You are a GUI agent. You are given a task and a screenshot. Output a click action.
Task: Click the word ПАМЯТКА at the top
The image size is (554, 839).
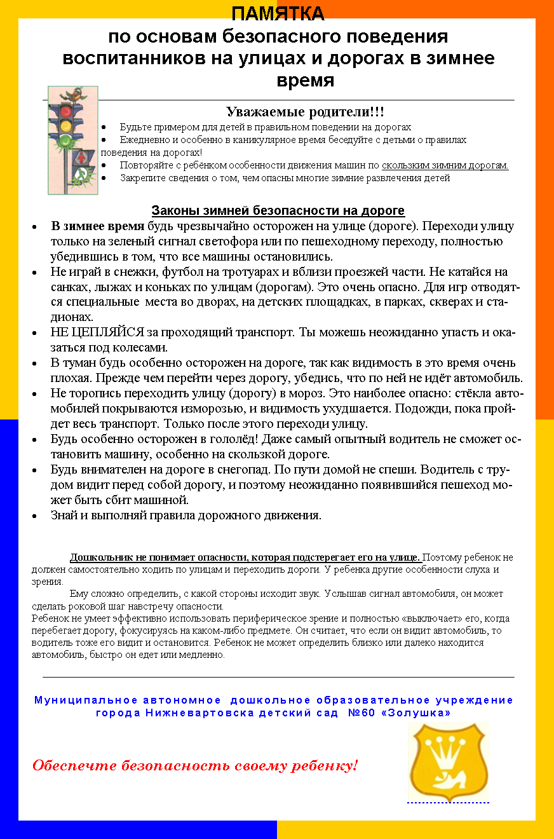tap(278, 14)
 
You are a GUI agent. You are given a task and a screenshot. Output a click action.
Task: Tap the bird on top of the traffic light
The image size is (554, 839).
tap(76, 94)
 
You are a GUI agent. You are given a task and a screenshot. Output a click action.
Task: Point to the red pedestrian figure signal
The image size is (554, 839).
tap(83, 156)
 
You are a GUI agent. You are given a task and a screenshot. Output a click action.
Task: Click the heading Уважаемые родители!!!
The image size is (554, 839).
tap(305, 113)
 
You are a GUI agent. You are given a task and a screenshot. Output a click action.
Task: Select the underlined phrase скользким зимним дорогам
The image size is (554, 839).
tap(445, 165)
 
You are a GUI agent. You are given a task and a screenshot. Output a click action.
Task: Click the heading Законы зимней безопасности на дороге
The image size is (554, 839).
tap(278, 211)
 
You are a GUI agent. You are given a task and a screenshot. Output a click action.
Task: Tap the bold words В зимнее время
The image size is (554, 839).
tap(98, 226)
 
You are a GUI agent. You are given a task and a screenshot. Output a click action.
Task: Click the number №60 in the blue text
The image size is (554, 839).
tap(363, 713)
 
